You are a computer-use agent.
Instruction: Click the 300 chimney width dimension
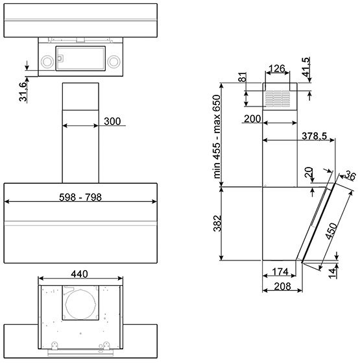click(x=112, y=121)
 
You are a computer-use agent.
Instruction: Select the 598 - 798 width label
click(x=80, y=197)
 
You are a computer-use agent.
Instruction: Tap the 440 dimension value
click(x=79, y=274)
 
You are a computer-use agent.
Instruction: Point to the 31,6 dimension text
click(x=23, y=92)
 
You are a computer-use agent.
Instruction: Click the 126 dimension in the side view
click(x=277, y=69)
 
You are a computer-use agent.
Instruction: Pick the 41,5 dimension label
click(x=306, y=67)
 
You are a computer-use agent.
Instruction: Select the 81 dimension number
click(x=242, y=77)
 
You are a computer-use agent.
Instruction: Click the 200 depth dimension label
click(x=252, y=119)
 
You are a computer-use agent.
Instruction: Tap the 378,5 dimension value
click(x=315, y=136)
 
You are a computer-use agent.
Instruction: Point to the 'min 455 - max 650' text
click(x=217, y=136)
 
